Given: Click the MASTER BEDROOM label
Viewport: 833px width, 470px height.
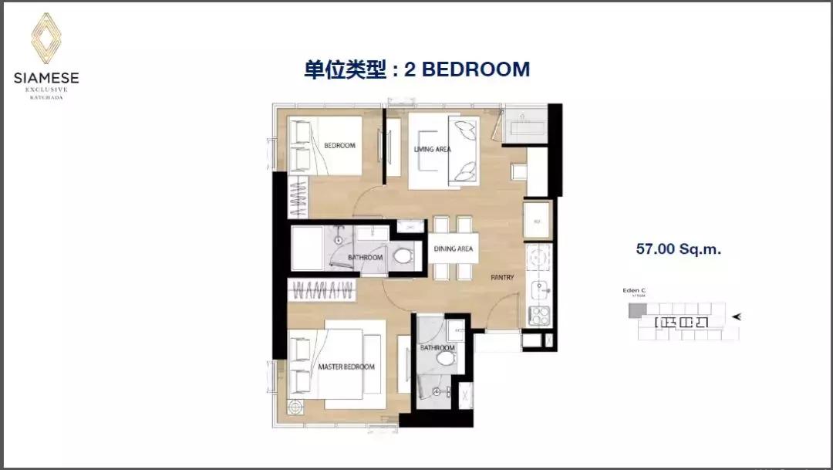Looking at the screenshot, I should [346, 367].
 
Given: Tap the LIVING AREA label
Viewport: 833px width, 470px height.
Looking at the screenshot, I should [432, 149].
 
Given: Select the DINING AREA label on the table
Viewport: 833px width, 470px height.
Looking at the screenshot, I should [453, 249].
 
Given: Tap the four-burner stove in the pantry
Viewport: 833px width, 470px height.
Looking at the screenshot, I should [537, 315].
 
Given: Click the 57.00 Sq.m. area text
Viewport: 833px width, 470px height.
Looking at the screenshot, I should [678, 249].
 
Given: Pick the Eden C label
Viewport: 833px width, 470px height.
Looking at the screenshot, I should [635, 291].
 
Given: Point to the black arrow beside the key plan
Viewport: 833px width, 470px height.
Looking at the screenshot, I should [738, 316].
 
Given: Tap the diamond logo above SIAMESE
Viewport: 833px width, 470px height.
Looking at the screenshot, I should [46, 38].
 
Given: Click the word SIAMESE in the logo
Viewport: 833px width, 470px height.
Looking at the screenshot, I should [46, 77].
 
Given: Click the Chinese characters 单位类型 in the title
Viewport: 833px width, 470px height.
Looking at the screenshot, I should [342, 69].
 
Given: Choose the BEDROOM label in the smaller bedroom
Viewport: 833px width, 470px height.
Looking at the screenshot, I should [339, 146].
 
